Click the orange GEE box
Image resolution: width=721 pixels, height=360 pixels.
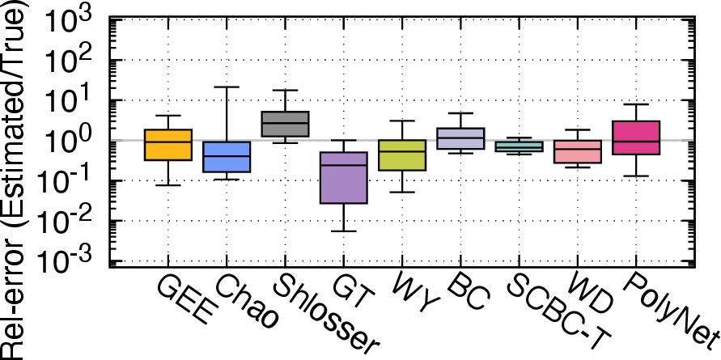pos(168,145)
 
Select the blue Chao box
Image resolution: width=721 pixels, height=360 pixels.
pos(227,157)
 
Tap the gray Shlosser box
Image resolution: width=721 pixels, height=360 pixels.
pos(285,124)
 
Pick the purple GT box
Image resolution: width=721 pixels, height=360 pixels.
pos(343,177)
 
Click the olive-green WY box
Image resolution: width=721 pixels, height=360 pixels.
pos(402,155)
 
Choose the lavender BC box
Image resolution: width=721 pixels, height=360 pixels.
pos(460,138)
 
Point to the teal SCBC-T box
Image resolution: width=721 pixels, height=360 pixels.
pos(519,146)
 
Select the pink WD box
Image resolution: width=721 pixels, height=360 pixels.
pos(577,152)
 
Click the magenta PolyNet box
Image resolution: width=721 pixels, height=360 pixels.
pos(635,138)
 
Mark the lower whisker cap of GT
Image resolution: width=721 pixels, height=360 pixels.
pos(343,231)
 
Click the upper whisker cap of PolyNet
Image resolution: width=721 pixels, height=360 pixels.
pos(635,104)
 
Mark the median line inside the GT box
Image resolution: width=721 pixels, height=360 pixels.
pos(343,165)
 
